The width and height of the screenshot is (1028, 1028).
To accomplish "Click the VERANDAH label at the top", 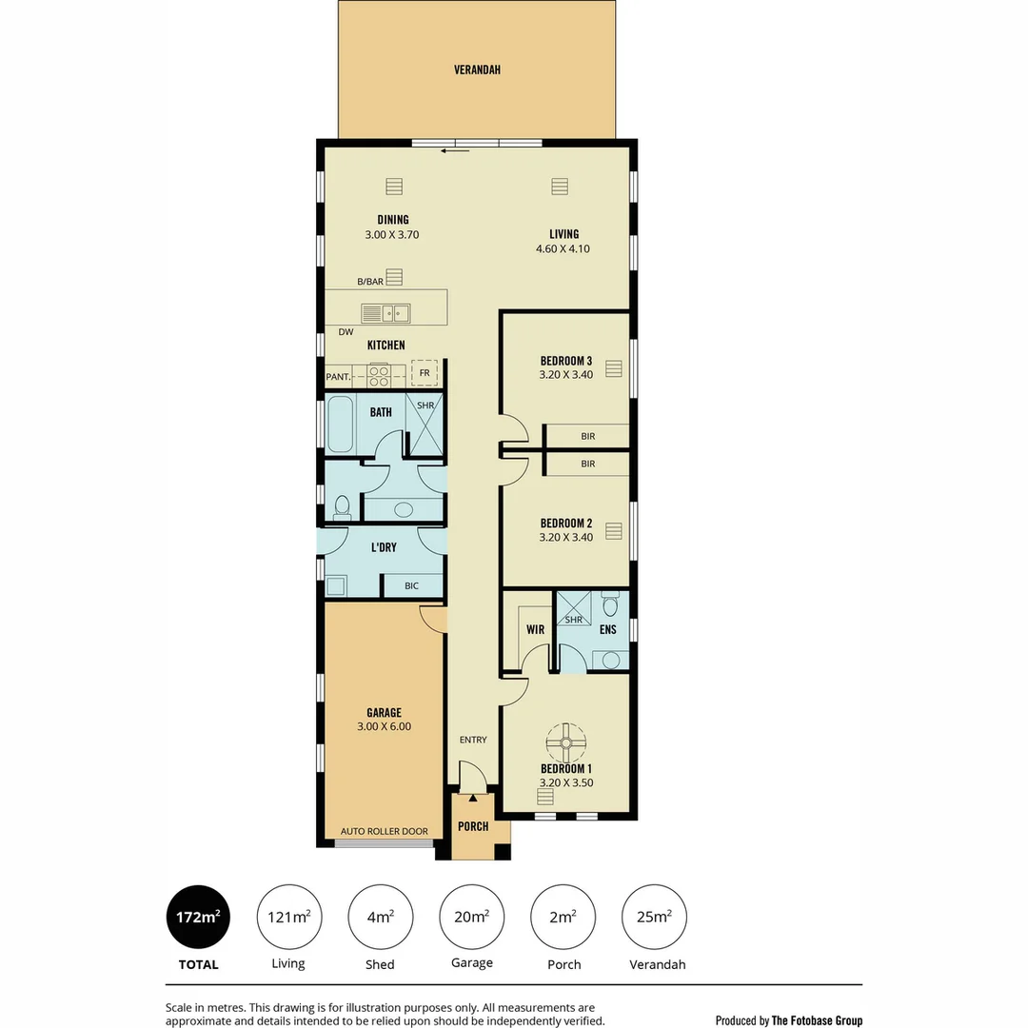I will (477, 69).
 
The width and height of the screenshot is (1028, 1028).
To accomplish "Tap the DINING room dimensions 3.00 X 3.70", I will (392, 234).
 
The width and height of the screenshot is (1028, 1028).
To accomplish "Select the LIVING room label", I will (563, 234).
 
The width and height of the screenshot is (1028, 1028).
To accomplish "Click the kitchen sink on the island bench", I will (385, 313).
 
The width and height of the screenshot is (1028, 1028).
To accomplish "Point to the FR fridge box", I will (425, 373).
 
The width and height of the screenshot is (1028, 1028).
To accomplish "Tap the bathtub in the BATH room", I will (340, 425).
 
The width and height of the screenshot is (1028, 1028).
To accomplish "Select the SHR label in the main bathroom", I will (425, 405).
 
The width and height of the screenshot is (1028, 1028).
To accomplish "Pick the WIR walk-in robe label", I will (534, 629).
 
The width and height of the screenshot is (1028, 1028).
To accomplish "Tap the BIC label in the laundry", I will (411, 585).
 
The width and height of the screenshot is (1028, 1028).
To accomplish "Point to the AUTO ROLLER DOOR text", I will (385, 831).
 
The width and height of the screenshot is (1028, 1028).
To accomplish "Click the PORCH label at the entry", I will (473, 826).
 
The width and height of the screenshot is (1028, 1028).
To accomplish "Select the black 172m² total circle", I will (199, 918).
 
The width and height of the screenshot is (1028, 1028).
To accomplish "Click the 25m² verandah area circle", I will (654, 918).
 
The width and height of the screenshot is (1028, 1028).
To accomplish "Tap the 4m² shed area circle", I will (381, 918).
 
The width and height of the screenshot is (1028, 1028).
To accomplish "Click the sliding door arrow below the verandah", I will (456, 150).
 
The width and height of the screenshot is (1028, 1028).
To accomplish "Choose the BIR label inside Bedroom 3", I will (587, 436).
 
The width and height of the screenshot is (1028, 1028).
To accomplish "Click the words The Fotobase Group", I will (818, 1020).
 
